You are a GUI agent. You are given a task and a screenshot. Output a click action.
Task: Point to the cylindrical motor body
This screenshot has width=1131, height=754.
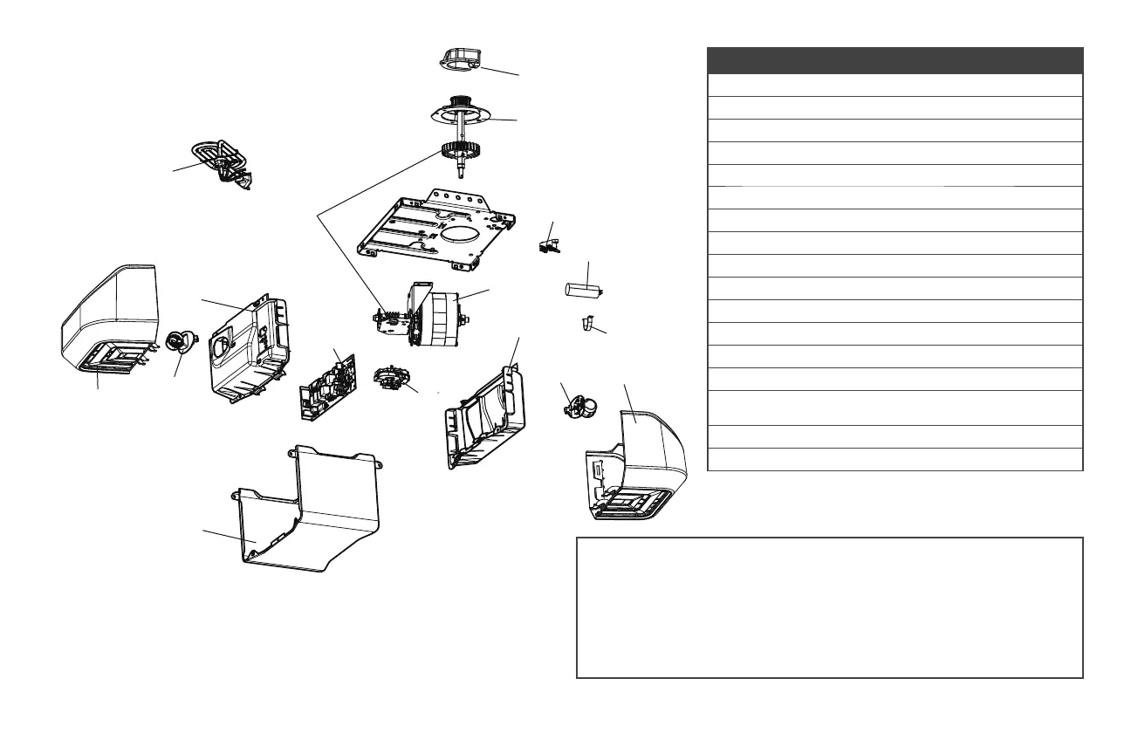[445, 319]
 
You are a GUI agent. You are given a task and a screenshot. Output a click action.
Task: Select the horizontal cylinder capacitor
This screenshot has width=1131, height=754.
[580, 289]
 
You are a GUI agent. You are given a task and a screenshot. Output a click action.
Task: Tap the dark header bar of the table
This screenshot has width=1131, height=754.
[895, 60]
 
